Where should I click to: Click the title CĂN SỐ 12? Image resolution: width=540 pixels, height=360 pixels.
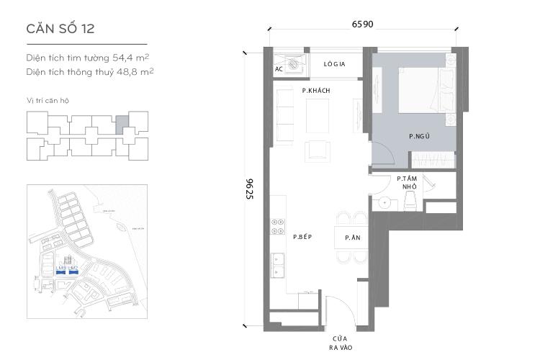pyautogui.click(x=60, y=29)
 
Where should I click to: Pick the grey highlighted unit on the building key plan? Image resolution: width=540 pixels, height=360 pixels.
pyautogui.click(x=123, y=125)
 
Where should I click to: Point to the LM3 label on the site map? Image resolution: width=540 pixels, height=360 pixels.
pyautogui.click(x=60, y=269)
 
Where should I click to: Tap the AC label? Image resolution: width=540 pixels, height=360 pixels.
pyautogui.click(x=279, y=69)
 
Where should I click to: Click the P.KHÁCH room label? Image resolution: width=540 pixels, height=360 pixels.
pyautogui.click(x=315, y=91)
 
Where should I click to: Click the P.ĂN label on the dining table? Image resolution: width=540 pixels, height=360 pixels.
pyautogui.click(x=351, y=238)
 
